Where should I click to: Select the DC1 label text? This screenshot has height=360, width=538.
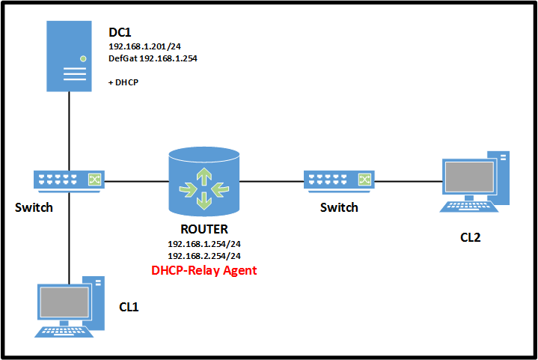120,34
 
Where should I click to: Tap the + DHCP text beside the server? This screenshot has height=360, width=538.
124,81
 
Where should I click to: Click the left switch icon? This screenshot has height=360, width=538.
68,179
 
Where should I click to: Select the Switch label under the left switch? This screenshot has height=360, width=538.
34,207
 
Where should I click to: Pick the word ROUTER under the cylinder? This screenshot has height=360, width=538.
204,230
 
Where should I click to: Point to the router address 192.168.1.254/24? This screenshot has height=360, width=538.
204,244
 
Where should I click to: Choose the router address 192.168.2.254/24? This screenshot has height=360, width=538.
204,256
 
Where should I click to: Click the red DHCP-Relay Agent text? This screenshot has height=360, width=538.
204,270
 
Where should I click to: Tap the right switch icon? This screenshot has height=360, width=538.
339,180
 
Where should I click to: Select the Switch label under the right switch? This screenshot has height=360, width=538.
339,207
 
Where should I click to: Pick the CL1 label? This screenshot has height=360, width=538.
129,306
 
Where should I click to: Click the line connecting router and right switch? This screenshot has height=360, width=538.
272,180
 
